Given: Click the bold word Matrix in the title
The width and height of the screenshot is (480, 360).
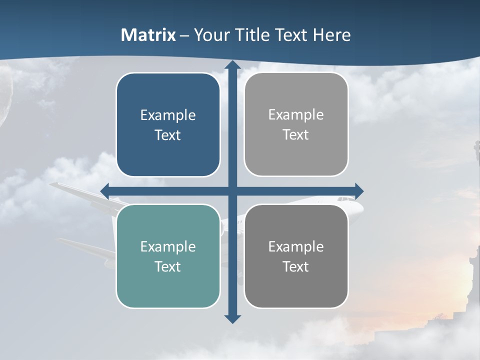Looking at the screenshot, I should click(148, 35).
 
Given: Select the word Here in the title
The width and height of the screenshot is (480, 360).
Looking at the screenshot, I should click(331, 35).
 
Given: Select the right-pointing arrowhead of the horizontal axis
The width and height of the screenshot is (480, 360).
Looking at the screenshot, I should click(359, 190).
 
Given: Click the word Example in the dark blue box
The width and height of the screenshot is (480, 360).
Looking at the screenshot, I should click(168, 115).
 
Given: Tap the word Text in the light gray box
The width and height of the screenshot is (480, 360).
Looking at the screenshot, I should click(296, 135).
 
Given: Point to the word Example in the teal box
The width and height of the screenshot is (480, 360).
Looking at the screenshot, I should click(168, 246).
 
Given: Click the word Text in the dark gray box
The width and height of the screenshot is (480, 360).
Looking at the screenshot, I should click(296, 266).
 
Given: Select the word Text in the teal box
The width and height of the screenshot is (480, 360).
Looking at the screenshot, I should click(168, 266).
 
